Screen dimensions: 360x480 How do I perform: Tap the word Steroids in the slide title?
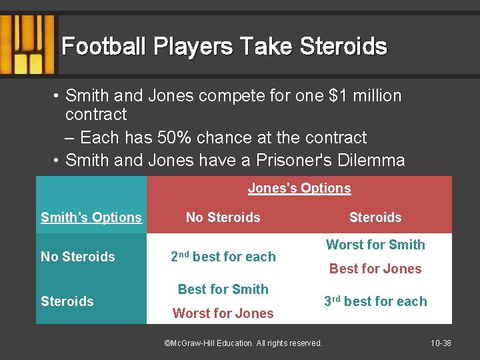343,47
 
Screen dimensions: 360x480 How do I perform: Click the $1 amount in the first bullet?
343,96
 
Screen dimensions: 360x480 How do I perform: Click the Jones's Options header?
299,189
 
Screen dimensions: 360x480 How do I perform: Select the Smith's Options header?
91,217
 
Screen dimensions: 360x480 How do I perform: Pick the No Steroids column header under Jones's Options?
223,217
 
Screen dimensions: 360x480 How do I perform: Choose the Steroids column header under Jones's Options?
375,217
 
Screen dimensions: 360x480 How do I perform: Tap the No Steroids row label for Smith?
78,257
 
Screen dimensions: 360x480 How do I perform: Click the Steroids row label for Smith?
67,301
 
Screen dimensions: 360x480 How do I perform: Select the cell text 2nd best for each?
223,257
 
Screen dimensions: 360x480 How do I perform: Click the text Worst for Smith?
375,245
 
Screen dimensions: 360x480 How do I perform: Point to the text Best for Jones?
375,269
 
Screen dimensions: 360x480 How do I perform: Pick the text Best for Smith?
223,289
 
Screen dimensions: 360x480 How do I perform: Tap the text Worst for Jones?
223,313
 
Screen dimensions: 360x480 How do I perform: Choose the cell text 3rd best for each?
375,301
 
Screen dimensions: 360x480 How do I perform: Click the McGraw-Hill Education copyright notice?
243,343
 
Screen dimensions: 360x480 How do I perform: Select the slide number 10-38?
441,343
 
